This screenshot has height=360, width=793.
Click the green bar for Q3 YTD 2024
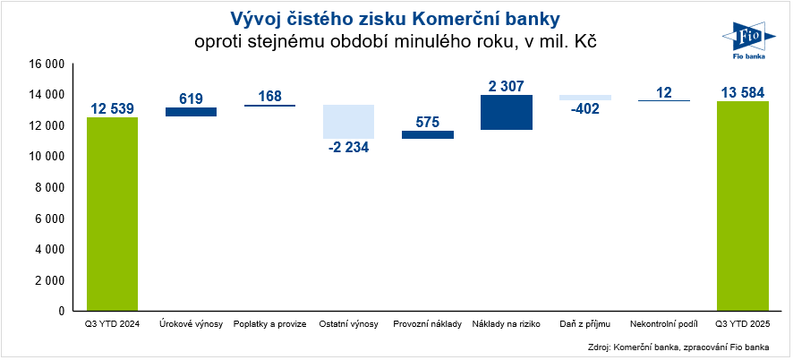112,213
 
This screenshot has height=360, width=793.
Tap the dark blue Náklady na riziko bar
507,113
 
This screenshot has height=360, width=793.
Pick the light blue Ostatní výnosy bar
349,122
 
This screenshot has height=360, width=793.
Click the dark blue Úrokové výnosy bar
191,112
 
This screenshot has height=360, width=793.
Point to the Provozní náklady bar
428,134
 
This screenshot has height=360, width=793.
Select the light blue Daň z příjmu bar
585,98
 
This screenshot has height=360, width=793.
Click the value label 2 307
507,86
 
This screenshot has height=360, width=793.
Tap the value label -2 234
349,149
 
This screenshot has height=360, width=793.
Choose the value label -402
585,110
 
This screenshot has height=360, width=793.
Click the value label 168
270,96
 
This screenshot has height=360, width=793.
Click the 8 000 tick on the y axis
49,188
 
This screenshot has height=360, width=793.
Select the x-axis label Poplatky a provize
270,323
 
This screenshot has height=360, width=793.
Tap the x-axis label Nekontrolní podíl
664,323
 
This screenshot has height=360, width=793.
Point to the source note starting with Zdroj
687,346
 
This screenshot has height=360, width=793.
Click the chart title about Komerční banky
396,19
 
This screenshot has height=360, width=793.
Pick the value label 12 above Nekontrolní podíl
664,92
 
